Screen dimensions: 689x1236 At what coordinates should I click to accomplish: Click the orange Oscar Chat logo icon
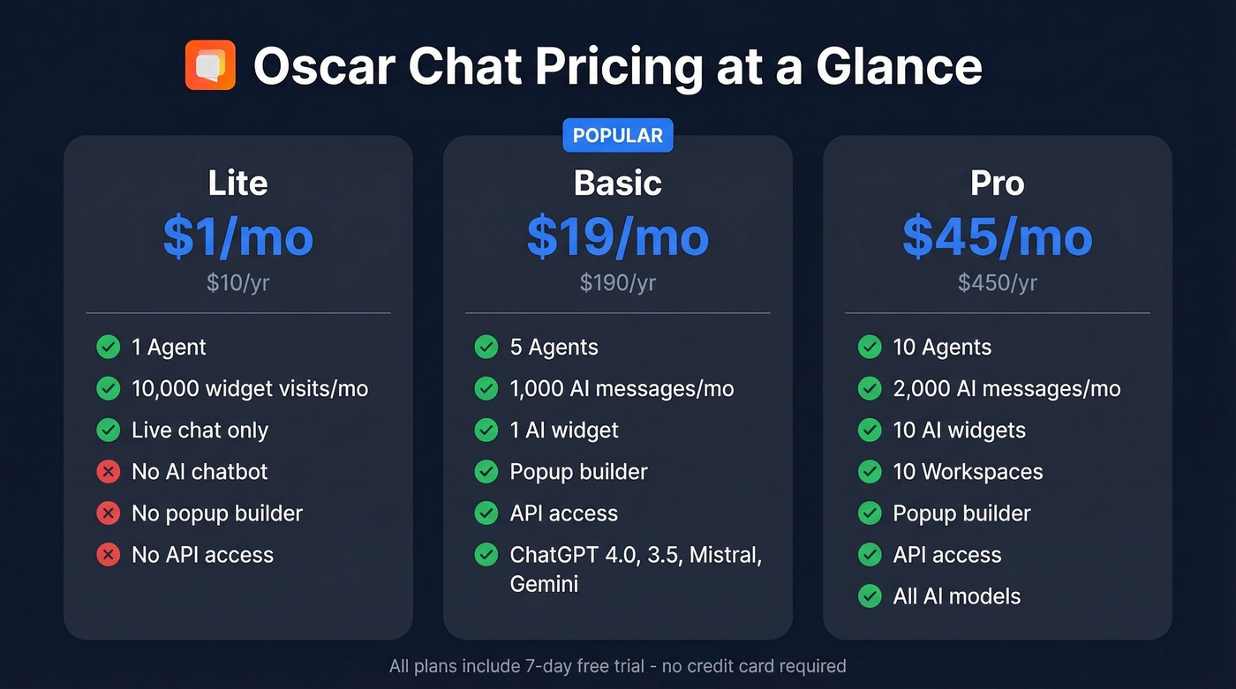tap(210, 65)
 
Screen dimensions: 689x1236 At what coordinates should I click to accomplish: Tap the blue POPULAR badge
tap(618, 136)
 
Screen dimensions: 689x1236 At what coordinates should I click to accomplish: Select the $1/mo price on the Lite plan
tap(237, 236)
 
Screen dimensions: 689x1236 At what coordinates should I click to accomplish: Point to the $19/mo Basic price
tap(617, 236)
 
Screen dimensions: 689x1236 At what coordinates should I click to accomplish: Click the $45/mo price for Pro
tap(997, 236)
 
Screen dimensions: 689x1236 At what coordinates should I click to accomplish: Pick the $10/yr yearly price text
tap(237, 282)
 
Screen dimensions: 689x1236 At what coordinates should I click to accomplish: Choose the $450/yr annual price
tap(997, 282)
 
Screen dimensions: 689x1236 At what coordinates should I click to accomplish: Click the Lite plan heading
tap(237, 183)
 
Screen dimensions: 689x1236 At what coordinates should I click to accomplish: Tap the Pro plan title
tap(997, 183)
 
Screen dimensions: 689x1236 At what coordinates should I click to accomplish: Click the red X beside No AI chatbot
tap(109, 472)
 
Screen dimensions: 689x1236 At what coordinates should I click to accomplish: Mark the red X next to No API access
tap(109, 555)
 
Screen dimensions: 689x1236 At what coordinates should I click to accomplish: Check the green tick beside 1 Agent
tap(109, 347)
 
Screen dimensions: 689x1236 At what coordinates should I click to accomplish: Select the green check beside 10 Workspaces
tap(870, 472)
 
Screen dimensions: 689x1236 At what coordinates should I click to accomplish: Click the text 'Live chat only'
tap(200, 431)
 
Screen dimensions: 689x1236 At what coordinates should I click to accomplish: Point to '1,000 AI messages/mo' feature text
tap(622, 389)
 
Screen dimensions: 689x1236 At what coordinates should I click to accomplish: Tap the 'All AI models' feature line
tap(956, 596)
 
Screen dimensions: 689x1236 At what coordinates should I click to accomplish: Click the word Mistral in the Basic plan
tap(723, 555)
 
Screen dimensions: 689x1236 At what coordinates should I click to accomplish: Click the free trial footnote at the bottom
tap(617, 666)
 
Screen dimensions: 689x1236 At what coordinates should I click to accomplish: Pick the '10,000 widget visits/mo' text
tap(250, 389)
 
